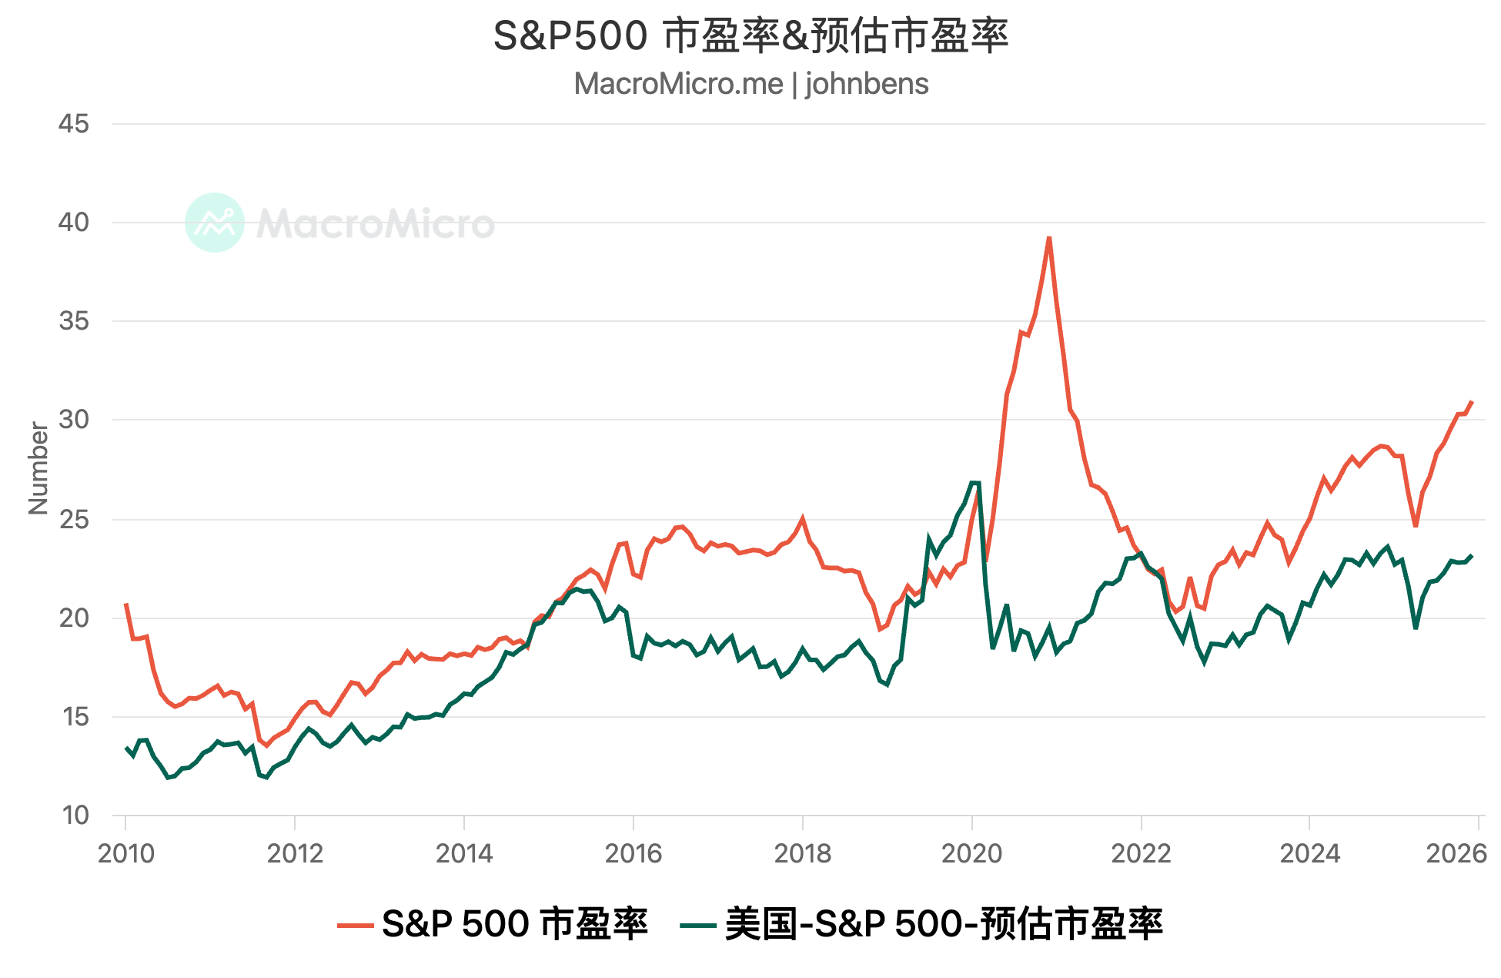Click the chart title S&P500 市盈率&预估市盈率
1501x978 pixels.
point(750,36)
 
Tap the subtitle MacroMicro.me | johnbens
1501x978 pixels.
point(750,83)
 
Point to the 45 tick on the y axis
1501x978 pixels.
point(74,123)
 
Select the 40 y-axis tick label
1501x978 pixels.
point(74,222)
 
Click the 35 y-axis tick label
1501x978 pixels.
point(74,320)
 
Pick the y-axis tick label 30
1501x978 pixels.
point(74,420)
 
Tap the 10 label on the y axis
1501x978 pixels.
point(75,815)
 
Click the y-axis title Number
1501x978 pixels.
point(38,468)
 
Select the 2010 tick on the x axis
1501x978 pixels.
point(125,853)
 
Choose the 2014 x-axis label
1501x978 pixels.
point(464,853)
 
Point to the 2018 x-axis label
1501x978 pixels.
point(802,853)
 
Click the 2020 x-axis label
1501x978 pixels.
point(971,853)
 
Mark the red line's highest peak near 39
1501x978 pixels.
point(1049,238)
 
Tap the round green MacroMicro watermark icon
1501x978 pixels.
point(215,223)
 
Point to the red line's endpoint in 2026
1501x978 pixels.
point(1471,402)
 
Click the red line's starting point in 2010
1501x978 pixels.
point(125,605)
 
